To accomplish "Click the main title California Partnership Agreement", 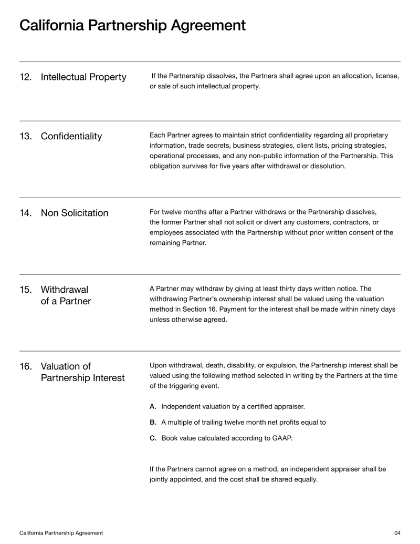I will point(132,25).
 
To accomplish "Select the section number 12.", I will point(25,78).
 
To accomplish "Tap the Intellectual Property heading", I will point(83,78).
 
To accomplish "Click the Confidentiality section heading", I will point(71,137).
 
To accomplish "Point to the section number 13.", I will point(25,137).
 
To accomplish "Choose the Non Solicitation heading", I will point(75,213).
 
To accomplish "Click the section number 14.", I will point(25,213).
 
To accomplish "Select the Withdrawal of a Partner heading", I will point(66,295).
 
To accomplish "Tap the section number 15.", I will point(25,290).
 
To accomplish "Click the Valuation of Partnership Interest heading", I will point(82,372).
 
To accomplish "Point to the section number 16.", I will point(25,366).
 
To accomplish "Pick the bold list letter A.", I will point(153,406).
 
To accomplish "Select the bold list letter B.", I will point(153,422).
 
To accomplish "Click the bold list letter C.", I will point(153,438).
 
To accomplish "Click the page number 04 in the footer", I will point(397,533).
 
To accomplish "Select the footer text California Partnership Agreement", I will point(61,533).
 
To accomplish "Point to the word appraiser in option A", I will point(288,406).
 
